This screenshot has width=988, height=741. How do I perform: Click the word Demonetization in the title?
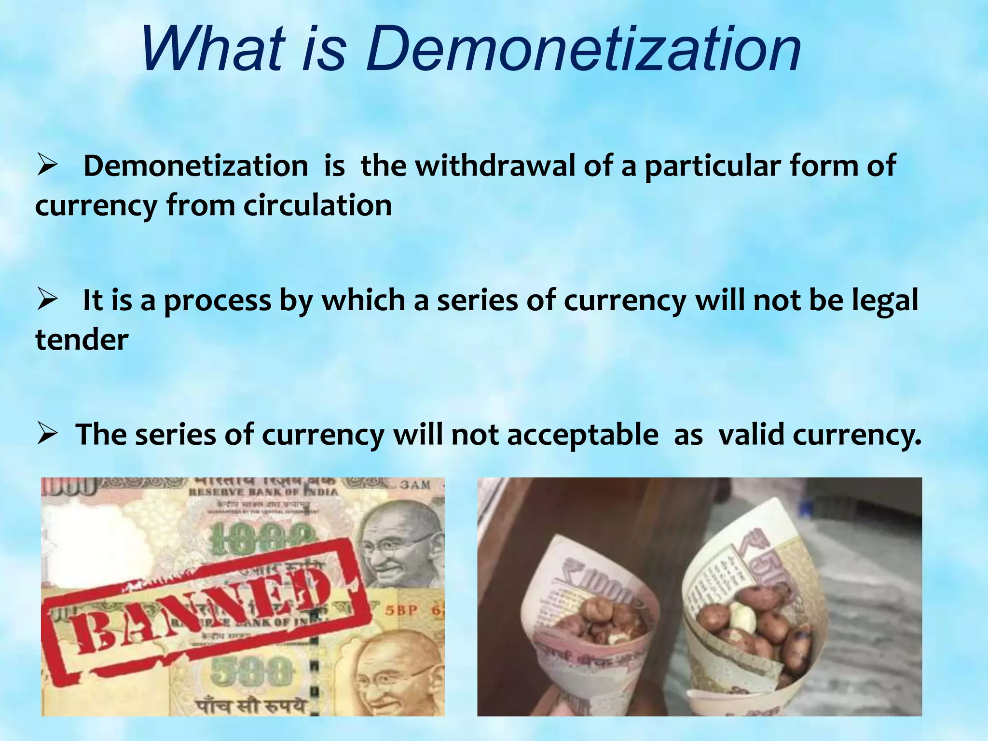click(583, 49)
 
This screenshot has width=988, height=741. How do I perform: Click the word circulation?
click(317, 206)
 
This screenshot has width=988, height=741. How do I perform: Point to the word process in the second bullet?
click(218, 301)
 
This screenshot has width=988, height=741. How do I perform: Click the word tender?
click(82, 340)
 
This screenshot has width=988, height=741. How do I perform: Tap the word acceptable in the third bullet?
click(582, 435)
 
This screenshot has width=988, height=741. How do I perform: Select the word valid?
click(751, 434)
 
